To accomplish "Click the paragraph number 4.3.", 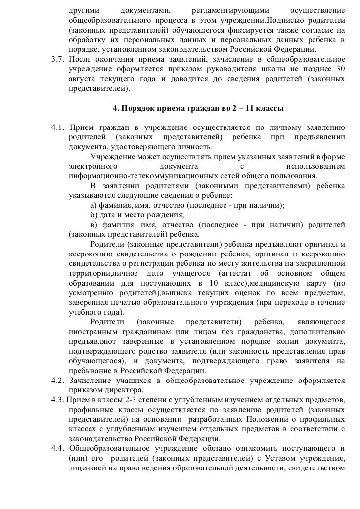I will point(58,399).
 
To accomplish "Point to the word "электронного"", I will point(93,167).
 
